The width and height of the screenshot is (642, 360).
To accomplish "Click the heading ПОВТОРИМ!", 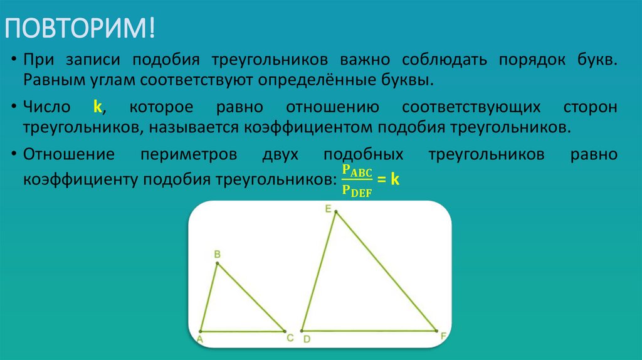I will (x=81, y=29).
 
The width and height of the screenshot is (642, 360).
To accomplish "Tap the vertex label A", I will (x=199, y=339).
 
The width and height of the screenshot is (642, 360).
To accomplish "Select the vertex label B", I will (x=217, y=254).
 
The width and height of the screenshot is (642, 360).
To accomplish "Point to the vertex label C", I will (x=290, y=338).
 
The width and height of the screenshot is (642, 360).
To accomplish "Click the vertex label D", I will (x=307, y=339).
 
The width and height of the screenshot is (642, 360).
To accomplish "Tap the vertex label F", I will (x=443, y=337).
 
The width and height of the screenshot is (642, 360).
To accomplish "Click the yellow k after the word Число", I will (x=97, y=107).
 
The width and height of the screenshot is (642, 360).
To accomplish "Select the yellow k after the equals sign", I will (x=395, y=179).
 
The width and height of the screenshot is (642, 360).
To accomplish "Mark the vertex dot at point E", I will (x=335, y=212).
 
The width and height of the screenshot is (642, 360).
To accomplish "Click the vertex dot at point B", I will (x=218, y=263).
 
